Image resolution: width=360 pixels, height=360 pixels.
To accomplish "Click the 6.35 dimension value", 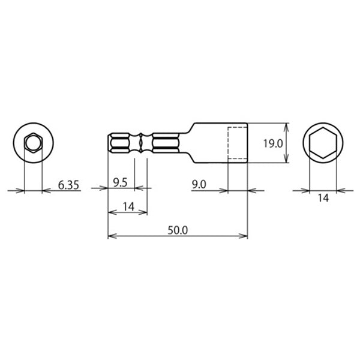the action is pyautogui.click(x=68, y=185).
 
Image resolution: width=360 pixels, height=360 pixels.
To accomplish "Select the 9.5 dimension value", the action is pyautogui.click(x=120, y=183).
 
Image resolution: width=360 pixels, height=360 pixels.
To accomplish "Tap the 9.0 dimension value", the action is pyautogui.click(x=199, y=185).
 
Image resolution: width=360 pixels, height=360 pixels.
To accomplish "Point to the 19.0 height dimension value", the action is pyautogui.click(x=273, y=144).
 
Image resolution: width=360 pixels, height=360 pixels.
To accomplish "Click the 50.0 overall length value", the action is pyautogui.click(x=178, y=230).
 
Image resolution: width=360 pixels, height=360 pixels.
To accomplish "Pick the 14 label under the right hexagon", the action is pyautogui.click(x=323, y=198).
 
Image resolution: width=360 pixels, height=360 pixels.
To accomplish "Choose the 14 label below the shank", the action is pyautogui.click(x=128, y=206).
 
